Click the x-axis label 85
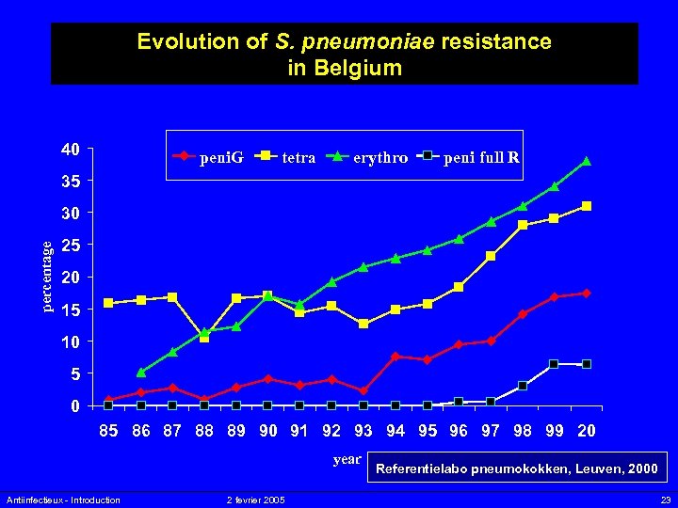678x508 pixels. (x=109, y=431)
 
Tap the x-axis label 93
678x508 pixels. (x=363, y=431)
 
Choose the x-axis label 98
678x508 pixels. (x=523, y=431)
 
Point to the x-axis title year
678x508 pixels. (x=347, y=459)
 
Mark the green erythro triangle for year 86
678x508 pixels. (x=141, y=373)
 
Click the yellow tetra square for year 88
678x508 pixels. (x=204, y=337)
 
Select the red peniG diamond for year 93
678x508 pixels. (x=363, y=390)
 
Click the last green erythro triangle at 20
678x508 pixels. (x=586, y=162)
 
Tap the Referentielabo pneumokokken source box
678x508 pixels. (x=517, y=468)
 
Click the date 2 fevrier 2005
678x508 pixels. (x=256, y=500)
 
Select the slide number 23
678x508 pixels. (x=665, y=500)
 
